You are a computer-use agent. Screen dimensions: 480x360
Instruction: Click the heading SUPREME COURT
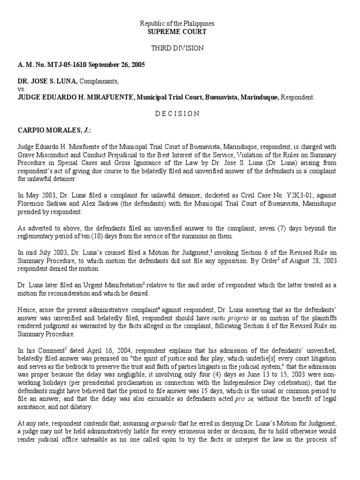(x=180, y=31)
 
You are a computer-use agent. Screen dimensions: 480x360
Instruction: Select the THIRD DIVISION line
(x=180, y=48)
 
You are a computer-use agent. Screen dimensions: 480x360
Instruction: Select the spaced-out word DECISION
(x=180, y=113)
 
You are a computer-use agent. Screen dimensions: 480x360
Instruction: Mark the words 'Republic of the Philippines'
(x=180, y=23)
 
